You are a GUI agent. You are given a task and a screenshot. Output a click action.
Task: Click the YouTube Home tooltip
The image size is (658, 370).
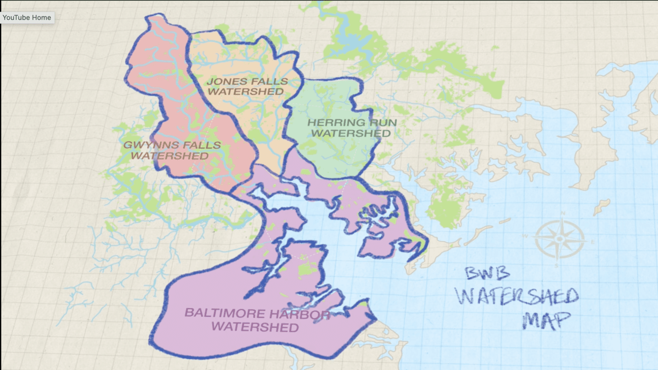27,18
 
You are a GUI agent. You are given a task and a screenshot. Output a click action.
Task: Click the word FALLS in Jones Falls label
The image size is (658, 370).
269,81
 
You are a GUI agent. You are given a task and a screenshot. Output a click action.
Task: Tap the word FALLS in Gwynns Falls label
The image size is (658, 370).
200,145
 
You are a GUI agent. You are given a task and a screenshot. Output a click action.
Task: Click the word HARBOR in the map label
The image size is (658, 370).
302,314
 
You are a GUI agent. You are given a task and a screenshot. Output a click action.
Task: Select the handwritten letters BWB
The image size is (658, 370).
488,273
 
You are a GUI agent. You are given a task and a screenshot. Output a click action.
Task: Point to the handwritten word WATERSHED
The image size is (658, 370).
517,296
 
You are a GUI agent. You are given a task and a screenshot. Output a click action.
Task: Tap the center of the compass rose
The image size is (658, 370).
559,239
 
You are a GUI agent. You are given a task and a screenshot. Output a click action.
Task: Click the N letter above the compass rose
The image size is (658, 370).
563,213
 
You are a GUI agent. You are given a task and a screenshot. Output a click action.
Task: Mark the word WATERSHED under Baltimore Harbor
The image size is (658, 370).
255,327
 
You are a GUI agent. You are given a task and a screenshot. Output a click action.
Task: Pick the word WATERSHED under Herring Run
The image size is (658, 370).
351,133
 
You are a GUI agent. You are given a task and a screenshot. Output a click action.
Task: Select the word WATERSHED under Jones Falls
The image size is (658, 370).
245,92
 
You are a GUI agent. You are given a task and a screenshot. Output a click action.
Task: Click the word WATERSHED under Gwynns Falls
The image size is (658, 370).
170,156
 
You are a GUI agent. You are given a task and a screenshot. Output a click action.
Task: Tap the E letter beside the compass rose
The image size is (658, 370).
593,242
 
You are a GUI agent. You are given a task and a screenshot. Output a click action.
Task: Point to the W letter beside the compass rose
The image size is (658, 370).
526,236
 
